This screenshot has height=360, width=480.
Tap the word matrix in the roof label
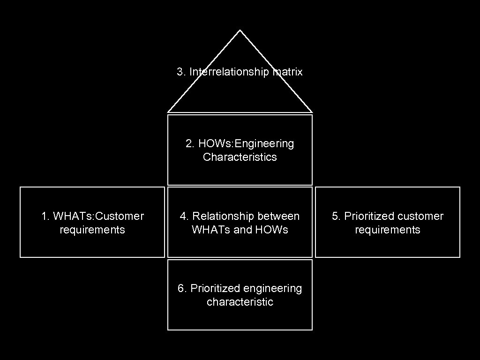click(x=287, y=72)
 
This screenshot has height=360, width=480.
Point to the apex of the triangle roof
click(x=240, y=31)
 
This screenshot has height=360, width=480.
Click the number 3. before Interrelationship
click(x=181, y=72)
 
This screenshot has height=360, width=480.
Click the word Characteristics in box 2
click(x=240, y=157)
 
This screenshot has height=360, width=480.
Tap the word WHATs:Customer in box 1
click(x=98, y=216)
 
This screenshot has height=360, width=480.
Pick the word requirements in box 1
click(x=92, y=230)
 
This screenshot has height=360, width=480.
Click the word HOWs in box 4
click(x=272, y=230)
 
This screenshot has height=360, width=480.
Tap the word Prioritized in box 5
click(x=369, y=216)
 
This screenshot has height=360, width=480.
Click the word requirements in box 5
click(x=388, y=230)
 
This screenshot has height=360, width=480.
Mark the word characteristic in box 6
click(x=240, y=302)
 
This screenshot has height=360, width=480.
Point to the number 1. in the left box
click(x=45, y=216)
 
